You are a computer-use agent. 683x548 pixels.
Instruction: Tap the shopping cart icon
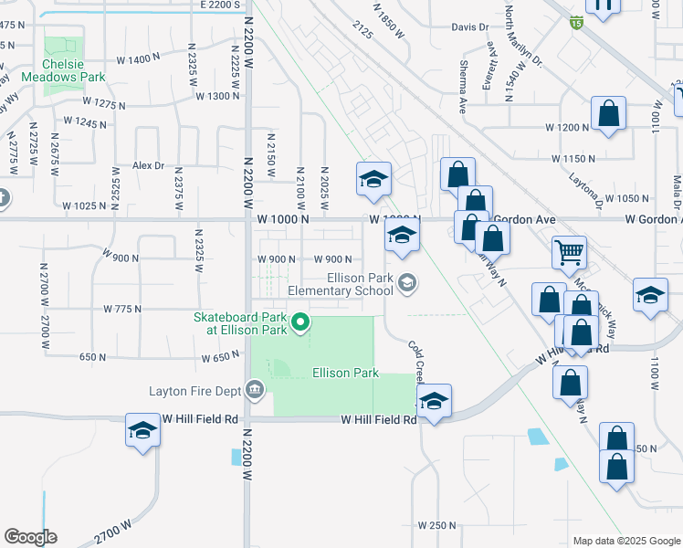tap(569, 251)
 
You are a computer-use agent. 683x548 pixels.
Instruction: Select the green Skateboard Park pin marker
tap(299, 322)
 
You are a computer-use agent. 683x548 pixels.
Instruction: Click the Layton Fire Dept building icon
tap(255, 391)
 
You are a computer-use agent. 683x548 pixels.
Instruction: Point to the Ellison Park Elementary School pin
tap(407, 285)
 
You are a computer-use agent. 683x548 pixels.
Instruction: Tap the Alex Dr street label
tap(148, 165)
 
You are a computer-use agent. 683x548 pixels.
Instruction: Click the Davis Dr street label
tap(470, 27)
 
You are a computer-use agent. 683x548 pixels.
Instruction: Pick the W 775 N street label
tap(122, 309)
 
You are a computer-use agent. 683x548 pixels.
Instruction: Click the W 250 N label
tap(436, 525)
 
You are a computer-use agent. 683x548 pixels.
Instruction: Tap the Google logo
tap(30, 537)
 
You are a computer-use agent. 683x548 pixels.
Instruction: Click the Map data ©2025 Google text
tap(627, 541)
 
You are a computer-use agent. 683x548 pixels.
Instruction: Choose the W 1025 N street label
tap(85, 205)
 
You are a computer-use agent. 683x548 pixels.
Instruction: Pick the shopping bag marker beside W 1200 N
tap(609, 114)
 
